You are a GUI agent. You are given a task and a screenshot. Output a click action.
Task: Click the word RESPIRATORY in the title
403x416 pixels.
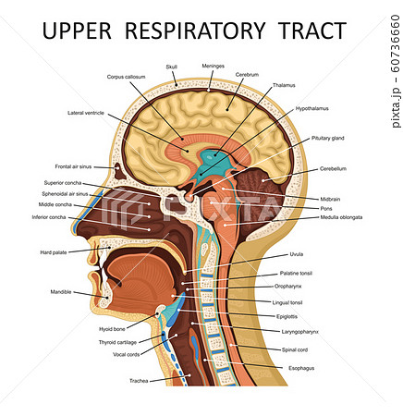[195, 31]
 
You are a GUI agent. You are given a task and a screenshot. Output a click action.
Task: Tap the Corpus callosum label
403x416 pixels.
[126, 77]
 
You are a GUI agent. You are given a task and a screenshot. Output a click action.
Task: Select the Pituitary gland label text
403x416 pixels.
[327, 138]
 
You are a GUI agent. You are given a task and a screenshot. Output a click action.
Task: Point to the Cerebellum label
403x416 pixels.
[333, 168]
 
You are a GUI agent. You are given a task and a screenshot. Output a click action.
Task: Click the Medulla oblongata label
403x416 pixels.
[341, 217]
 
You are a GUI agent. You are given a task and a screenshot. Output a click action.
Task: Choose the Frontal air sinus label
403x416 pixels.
[73, 166]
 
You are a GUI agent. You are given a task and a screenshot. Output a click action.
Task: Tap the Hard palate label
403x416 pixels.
[54, 252]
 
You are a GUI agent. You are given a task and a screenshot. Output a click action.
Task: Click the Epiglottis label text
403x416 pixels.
[287, 316]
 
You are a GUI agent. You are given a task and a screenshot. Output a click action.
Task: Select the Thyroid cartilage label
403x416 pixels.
[117, 342]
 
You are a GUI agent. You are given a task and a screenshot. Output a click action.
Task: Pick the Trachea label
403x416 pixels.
[139, 381]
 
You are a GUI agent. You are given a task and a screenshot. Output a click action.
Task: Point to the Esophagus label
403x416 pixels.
[301, 368]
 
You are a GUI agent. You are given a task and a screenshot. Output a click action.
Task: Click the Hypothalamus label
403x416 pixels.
[312, 108]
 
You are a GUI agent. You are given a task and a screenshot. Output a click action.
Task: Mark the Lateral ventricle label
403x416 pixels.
[86, 113]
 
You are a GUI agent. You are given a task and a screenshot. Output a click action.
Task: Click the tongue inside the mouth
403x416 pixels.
[140, 284]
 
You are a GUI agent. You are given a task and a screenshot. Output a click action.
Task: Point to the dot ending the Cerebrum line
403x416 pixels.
[227, 109]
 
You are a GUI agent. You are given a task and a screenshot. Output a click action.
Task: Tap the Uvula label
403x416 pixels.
[297, 254]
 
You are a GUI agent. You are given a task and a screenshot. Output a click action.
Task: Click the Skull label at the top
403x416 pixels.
[172, 67]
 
